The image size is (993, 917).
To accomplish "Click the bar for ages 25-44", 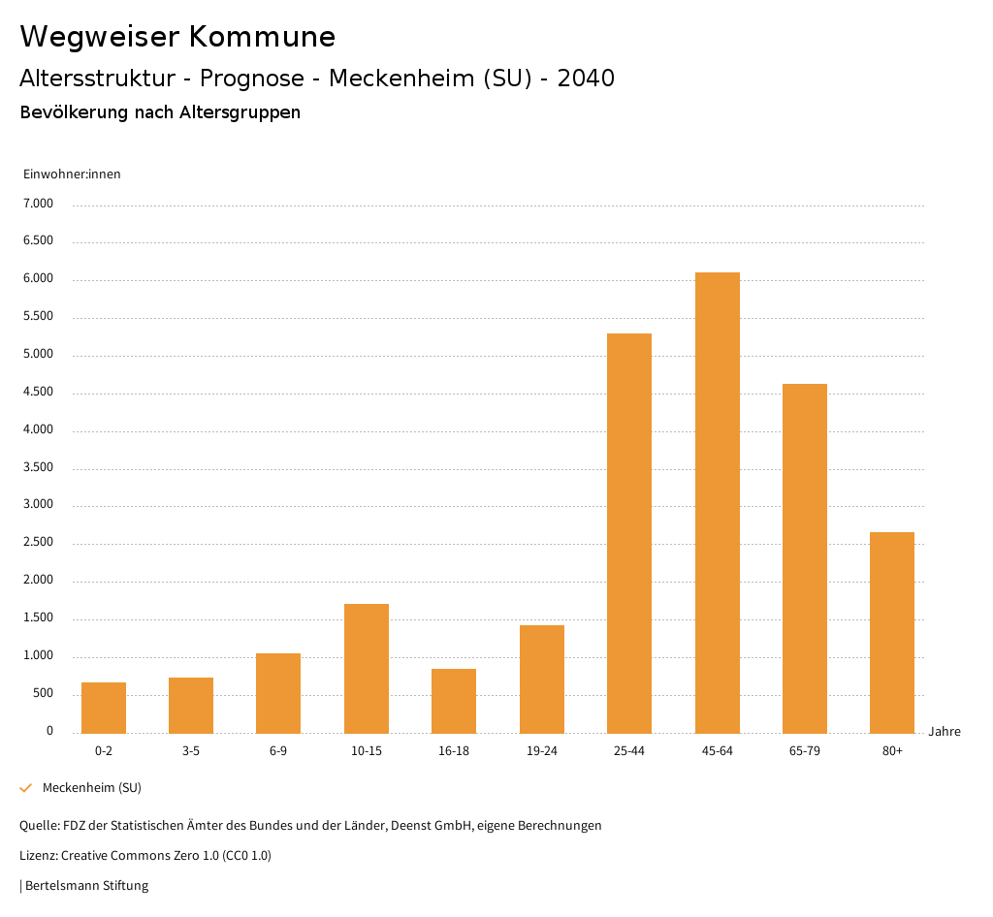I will tap(629, 533).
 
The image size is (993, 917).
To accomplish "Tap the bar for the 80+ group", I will tap(892, 632).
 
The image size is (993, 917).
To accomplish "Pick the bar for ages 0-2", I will tap(104, 708).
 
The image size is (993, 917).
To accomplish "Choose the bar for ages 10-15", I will tap(367, 668).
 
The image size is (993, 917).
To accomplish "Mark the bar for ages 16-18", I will tap(454, 701).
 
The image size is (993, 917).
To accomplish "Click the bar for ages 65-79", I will tap(805, 558).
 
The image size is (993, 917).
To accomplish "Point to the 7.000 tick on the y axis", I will tap(38, 204).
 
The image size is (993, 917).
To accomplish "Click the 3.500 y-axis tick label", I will tap(38, 467).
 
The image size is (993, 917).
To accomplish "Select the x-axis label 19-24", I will tap(542, 751).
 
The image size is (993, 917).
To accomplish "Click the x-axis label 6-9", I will tap(278, 751).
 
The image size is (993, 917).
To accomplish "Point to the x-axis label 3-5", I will tap(191, 751).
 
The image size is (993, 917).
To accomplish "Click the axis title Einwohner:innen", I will tap(72, 174).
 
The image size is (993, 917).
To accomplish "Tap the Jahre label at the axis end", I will tap(945, 732).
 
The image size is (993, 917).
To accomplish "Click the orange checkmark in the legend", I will tap(26, 788).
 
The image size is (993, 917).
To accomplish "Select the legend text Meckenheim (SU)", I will tap(92, 788).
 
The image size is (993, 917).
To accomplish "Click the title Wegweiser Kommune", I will tap(177, 37).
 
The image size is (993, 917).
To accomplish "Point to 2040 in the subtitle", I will tap(586, 79).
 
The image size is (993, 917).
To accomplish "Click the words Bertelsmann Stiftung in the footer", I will tap(87, 886).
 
